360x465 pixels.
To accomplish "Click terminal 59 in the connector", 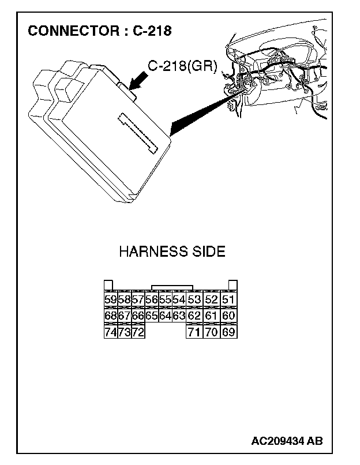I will point(110,299).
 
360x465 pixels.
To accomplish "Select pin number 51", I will point(228,299).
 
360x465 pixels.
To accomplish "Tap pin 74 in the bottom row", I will point(110,332).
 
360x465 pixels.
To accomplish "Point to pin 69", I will point(228,332).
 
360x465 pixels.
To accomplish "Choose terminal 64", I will point(165,316).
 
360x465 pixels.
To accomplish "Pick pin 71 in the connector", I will point(194,332).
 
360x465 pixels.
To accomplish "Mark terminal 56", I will point(152,299).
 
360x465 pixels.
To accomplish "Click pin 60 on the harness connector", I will point(228,316).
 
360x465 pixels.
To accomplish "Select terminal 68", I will point(110,316).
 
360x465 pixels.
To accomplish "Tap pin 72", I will point(138,332).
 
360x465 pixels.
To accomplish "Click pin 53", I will point(194,299).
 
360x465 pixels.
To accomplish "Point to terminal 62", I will point(194,316).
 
